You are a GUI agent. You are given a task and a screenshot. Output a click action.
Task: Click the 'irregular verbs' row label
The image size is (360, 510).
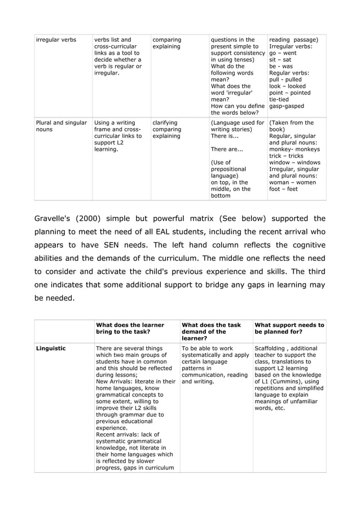tap(56, 40)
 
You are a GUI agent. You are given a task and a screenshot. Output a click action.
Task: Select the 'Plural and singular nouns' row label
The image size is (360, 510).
tap(61, 126)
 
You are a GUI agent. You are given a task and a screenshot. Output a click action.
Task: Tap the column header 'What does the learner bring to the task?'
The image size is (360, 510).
tap(130, 329)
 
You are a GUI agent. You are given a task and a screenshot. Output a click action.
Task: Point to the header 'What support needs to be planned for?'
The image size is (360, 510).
tap(289, 329)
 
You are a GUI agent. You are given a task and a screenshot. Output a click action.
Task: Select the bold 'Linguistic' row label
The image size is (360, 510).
tap(51, 348)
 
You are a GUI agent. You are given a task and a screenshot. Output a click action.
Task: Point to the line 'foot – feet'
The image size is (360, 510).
tap(283, 189)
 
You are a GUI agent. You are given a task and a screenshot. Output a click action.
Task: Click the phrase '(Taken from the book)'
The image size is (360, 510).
tap(292, 126)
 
